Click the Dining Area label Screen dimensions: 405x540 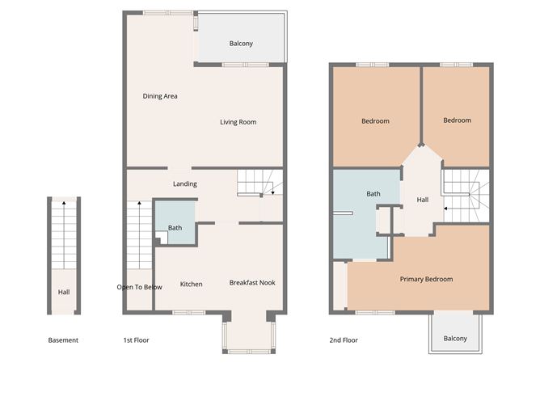click(160, 96)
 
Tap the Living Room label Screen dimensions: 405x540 click(238, 122)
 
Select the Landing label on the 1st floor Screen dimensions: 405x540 click(185, 184)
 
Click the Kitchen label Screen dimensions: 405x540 click(191, 284)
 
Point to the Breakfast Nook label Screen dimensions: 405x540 click(252, 283)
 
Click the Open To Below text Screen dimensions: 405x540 click(139, 287)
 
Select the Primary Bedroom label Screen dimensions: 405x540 click(426, 279)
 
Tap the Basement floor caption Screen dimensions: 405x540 click(63, 340)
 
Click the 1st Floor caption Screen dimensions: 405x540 click(136, 340)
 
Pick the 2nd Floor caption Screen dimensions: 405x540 click(344, 340)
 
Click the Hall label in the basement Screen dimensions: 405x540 click(63, 293)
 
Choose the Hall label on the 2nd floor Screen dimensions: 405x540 click(422, 200)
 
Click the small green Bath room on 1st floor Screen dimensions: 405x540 click(175, 227)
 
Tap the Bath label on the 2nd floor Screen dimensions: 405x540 click(373, 194)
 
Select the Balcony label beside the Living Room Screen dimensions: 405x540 click(241, 44)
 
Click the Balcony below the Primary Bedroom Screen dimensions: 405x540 click(454, 338)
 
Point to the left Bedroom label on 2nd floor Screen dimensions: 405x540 click(375, 121)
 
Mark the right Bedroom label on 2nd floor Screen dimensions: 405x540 click(457, 120)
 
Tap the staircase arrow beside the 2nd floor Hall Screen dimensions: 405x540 click(447, 210)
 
